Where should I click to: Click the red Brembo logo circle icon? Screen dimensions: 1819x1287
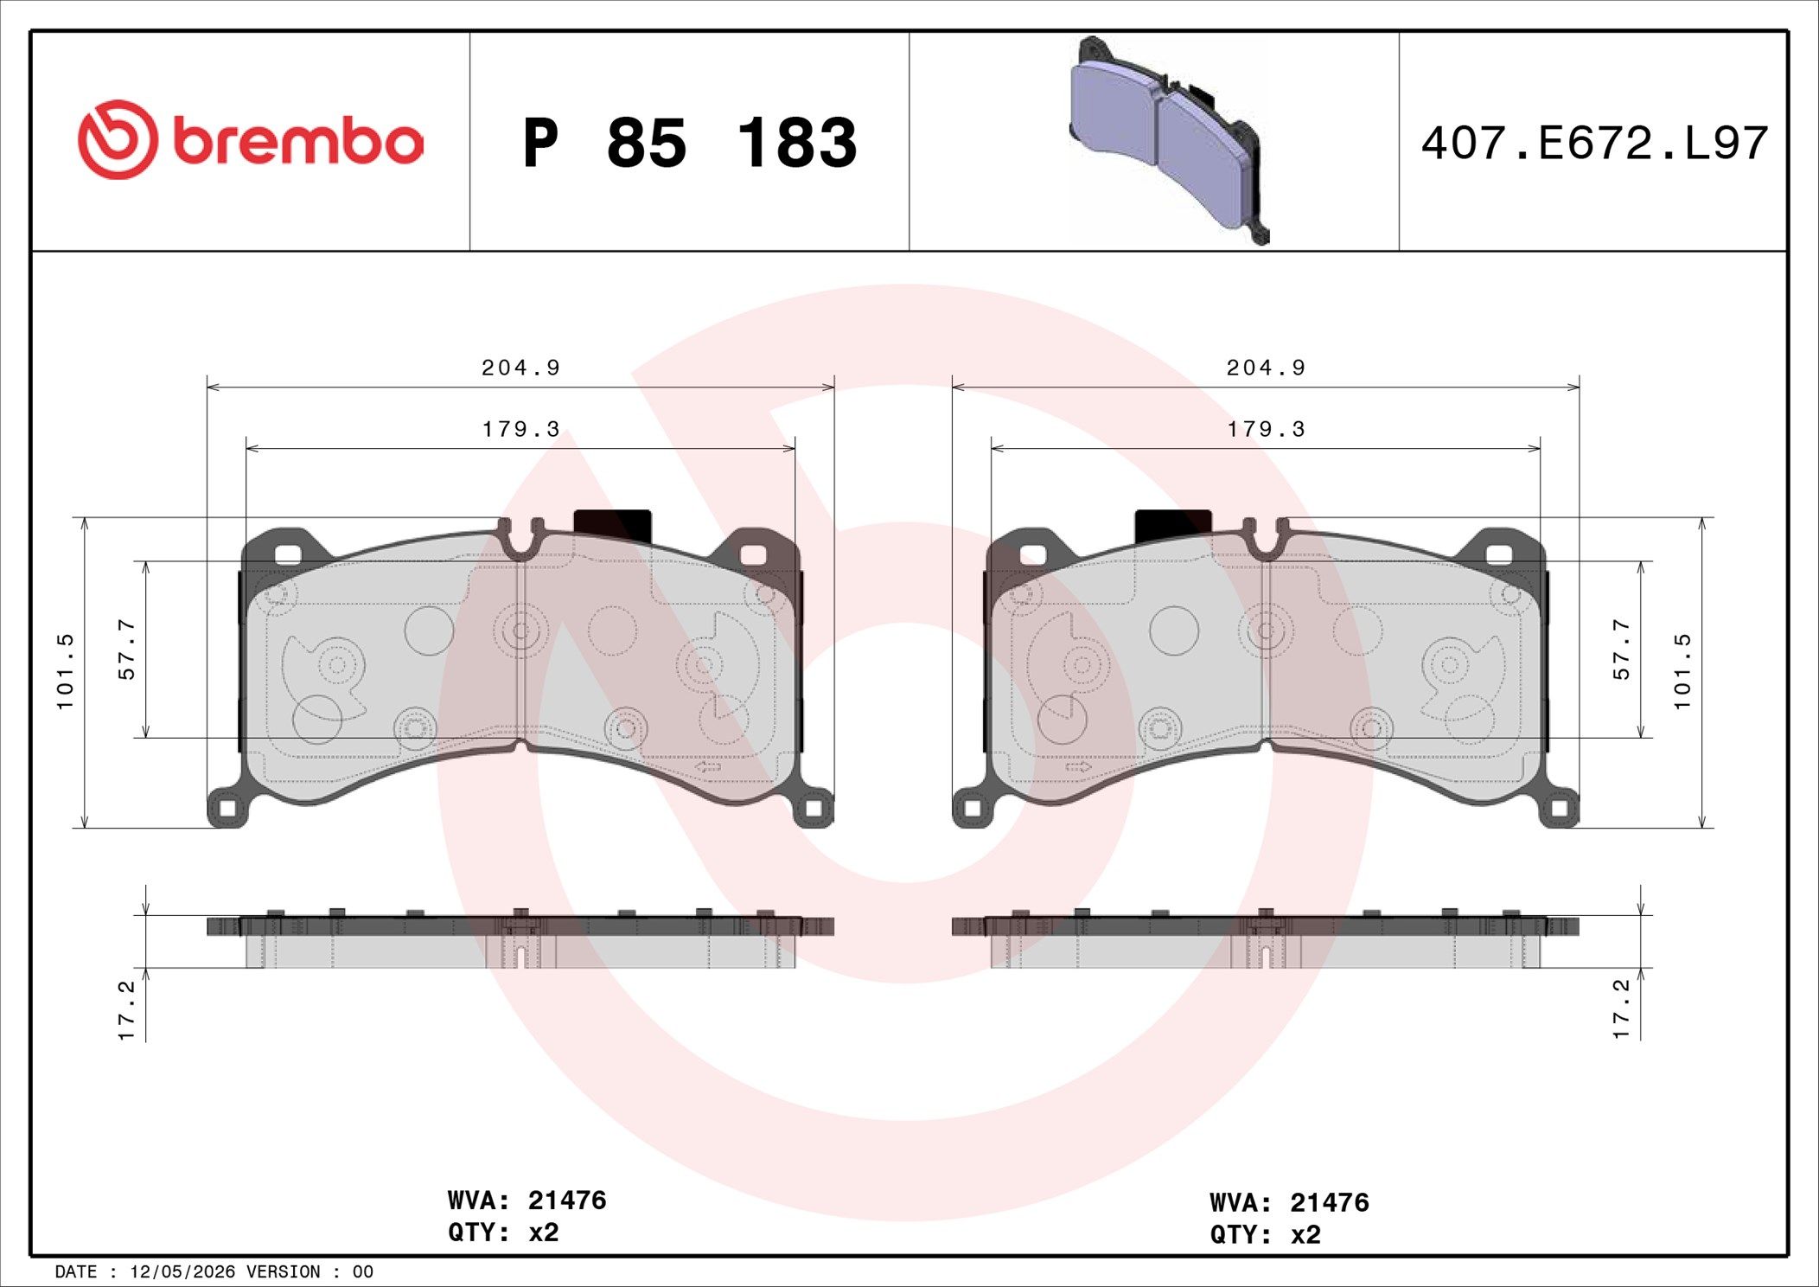(118, 140)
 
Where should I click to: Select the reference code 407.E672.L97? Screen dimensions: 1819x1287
(1594, 144)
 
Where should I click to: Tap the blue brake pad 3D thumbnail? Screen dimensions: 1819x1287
(1169, 140)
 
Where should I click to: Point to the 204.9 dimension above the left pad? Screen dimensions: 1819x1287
(520, 368)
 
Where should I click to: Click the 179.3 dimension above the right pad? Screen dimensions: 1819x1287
(1266, 429)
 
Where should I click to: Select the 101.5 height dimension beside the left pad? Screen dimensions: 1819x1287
(66, 671)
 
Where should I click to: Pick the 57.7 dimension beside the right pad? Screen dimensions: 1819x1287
(1621, 649)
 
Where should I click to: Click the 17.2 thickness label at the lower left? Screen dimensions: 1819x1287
(126, 1009)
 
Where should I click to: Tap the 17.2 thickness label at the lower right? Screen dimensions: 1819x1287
(1621, 1008)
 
